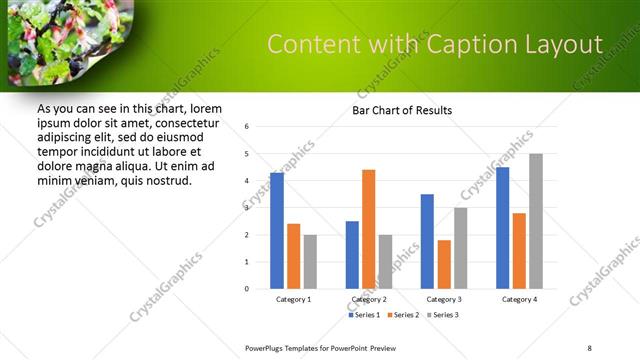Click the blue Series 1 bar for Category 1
277,231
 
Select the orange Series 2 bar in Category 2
368,229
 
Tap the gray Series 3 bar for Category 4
536,221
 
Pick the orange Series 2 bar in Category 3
444,264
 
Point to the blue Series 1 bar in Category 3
427,241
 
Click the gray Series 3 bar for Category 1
310,261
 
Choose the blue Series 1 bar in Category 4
502,228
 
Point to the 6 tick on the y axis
247,127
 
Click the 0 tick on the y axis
247,289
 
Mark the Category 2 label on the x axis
369,300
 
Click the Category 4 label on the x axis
519,300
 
